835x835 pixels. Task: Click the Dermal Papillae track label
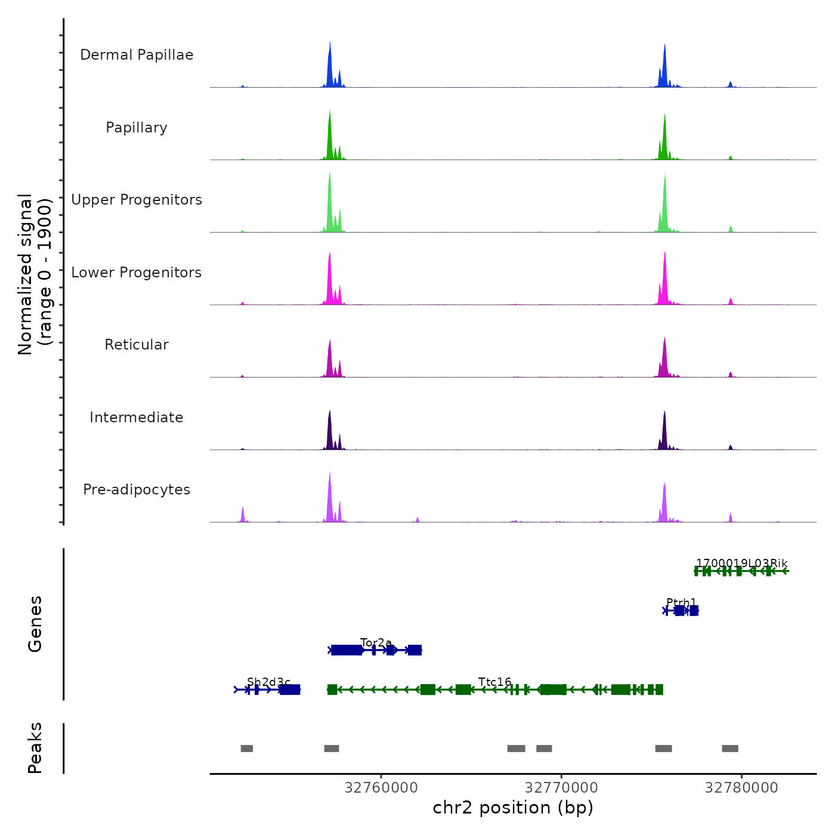(x=137, y=55)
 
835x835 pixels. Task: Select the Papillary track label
(x=137, y=128)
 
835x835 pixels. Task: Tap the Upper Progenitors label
(x=137, y=200)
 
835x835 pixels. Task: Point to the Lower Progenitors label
(x=137, y=273)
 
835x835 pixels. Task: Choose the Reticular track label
(x=137, y=345)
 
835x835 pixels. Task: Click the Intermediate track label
(x=137, y=417)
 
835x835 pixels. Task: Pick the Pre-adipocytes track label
(x=137, y=490)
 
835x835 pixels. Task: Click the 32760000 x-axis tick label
(x=381, y=788)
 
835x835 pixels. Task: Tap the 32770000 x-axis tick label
(x=561, y=788)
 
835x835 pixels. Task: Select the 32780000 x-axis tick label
(x=741, y=788)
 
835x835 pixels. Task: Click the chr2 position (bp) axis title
(x=513, y=808)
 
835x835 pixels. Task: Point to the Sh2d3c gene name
(x=268, y=682)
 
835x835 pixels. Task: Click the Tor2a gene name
(x=376, y=642)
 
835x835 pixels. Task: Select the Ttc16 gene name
(x=495, y=682)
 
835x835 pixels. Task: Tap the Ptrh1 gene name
(x=681, y=602)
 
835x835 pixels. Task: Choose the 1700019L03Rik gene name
(x=741, y=563)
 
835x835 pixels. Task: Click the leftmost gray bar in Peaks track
(x=247, y=749)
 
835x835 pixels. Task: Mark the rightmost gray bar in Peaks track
(x=730, y=749)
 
